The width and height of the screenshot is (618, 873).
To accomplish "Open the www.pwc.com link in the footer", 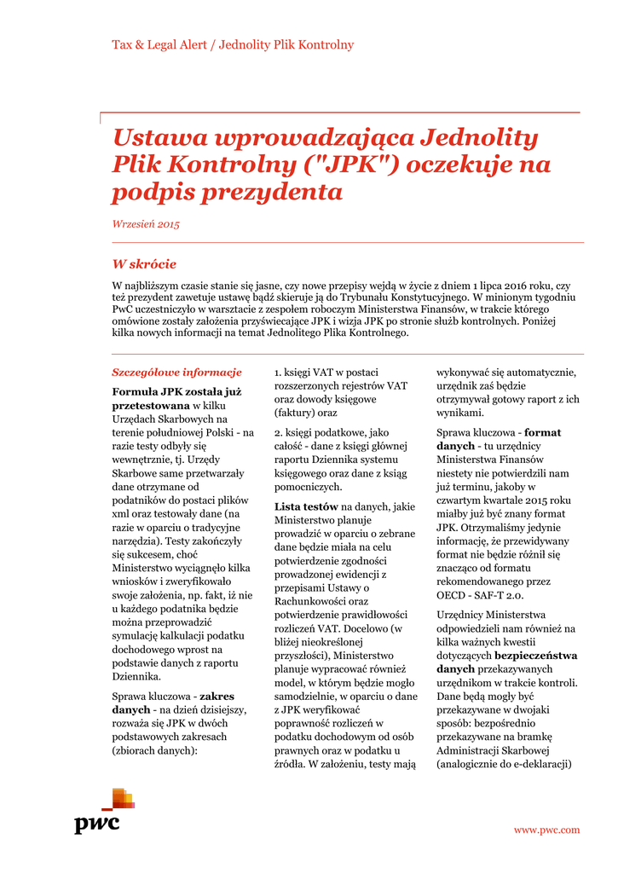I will point(546,830).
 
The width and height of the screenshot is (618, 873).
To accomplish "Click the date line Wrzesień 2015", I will point(146,224).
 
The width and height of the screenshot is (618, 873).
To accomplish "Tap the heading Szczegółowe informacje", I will point(176,372).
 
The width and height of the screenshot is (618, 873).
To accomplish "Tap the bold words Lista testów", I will point(306,506).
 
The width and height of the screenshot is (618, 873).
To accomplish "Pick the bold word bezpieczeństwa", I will point(536,656).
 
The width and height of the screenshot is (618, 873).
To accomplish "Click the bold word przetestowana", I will point(151,406).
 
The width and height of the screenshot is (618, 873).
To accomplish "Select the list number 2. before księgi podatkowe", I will point(279,432).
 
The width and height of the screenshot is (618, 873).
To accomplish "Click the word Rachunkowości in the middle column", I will point(310,601).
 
